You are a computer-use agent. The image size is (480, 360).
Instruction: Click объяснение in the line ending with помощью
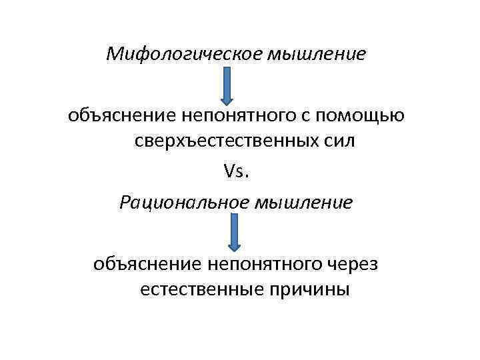click(x=118, y=116)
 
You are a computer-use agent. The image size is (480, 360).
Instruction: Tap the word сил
click(x=338, y=143)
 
